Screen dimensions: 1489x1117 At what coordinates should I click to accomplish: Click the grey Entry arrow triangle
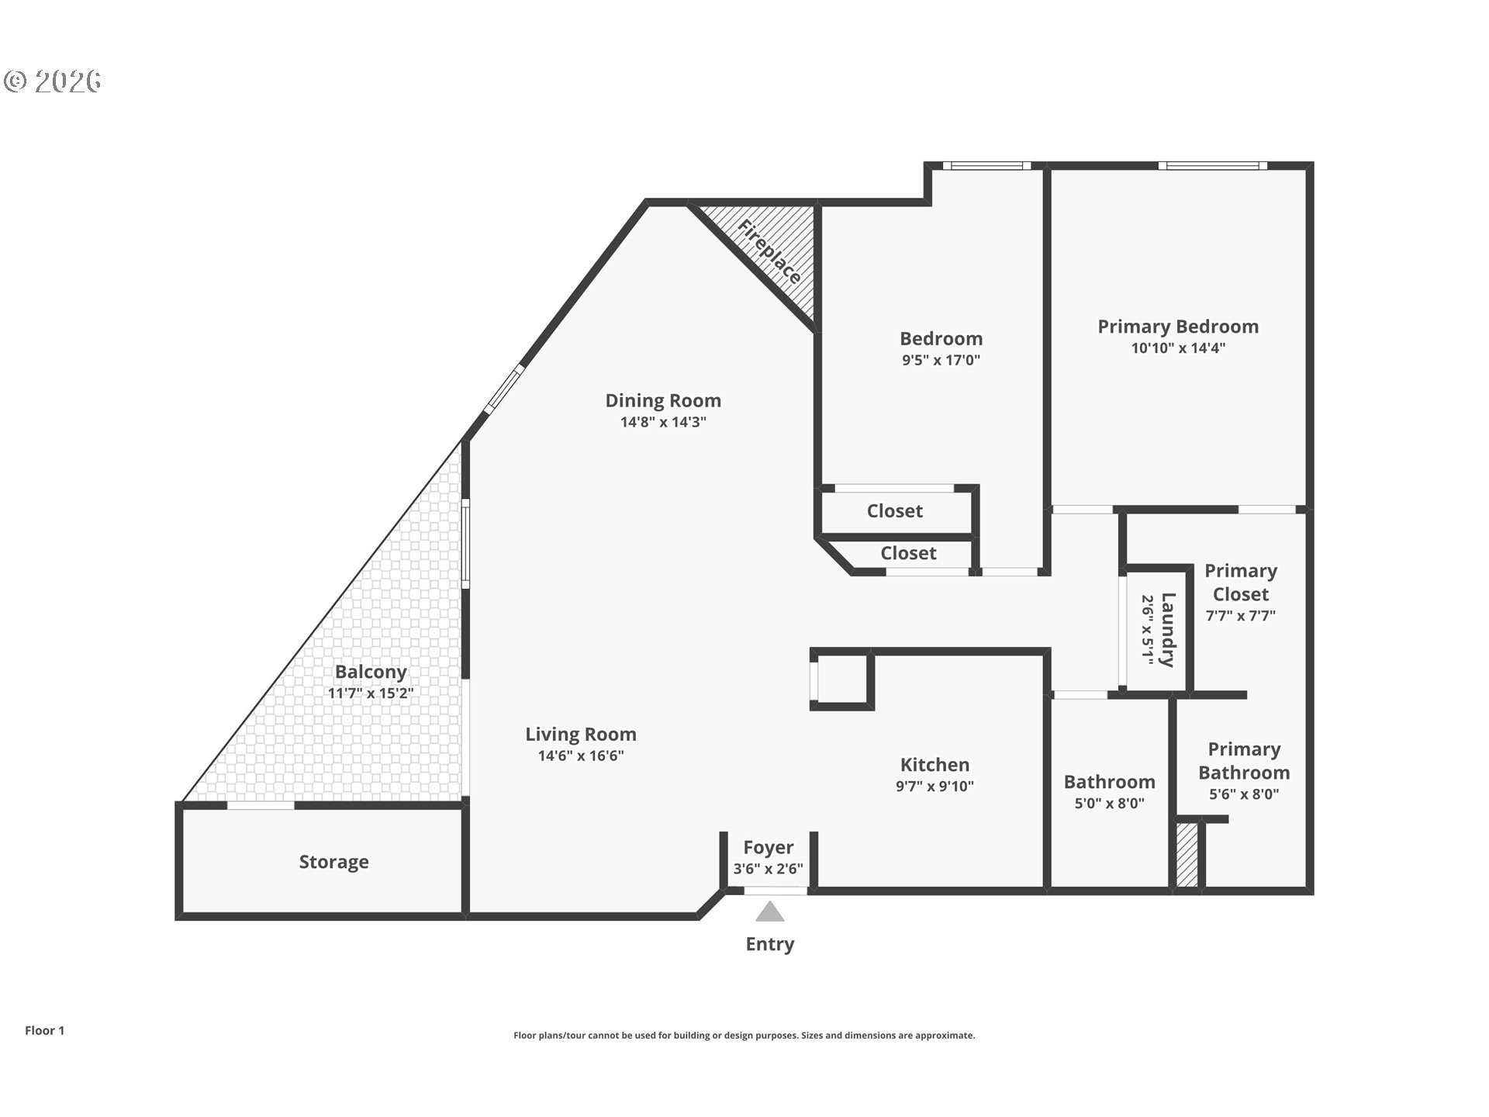[x=769, y=911]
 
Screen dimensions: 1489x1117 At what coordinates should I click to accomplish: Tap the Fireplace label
[x=769, y=252]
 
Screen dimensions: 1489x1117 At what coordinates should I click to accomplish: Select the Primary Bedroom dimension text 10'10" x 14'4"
[x=1178, y=348]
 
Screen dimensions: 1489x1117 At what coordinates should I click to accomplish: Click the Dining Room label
[x=663, y=400]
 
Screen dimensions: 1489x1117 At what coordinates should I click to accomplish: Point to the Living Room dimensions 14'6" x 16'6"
[x=581, y=756]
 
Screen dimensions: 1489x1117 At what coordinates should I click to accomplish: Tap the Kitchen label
[x=935, y=765]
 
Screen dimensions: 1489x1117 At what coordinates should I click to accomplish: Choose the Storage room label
[x=333, y=862]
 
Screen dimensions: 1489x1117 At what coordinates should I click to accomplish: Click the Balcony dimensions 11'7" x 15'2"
[x=371, y=693]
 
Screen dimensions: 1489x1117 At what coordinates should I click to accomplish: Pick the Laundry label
[x=1169, y=630]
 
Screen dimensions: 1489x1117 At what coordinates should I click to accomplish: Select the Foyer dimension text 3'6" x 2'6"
[x=769, y=869]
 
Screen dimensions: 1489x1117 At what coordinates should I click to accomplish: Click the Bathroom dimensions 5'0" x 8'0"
[x=1109, y=804]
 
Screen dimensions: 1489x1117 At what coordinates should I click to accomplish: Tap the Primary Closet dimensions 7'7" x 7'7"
[x=1241, y=616]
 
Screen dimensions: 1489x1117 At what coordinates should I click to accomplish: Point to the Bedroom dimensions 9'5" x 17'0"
[x=941, y=360]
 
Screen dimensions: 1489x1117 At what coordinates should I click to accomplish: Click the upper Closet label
[x=894, y=511]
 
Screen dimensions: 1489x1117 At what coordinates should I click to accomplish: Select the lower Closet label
[x=908, y=553]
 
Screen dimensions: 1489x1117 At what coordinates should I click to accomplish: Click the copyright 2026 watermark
[x=52, y=81]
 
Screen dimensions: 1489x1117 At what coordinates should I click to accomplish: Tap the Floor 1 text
[x=44, y=1030]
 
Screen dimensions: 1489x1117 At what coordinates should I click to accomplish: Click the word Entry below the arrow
[x=769, y=945]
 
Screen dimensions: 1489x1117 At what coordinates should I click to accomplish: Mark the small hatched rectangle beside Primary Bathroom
[x=1187, y=855]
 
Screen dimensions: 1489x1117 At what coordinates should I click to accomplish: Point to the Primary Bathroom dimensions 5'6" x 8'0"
[x=1244, y=794]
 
